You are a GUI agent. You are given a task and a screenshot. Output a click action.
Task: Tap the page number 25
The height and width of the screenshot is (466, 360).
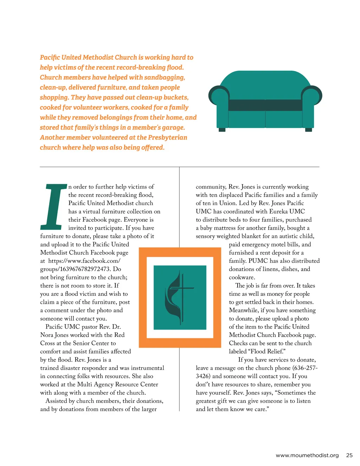click(x=349, y=455)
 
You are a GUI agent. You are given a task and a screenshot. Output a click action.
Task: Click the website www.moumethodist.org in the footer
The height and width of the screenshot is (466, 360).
click(x=307, y=455)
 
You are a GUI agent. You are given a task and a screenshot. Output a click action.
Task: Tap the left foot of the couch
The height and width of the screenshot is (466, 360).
click(x=222, y=130)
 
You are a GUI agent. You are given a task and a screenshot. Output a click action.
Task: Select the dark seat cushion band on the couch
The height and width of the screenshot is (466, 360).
click(x=265, y=105)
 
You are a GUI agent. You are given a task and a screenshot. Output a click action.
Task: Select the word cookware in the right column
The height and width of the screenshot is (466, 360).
click(x=242, y=277)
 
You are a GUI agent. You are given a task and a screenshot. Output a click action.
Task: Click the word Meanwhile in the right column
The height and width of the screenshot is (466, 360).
click(x=243, y=310)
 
